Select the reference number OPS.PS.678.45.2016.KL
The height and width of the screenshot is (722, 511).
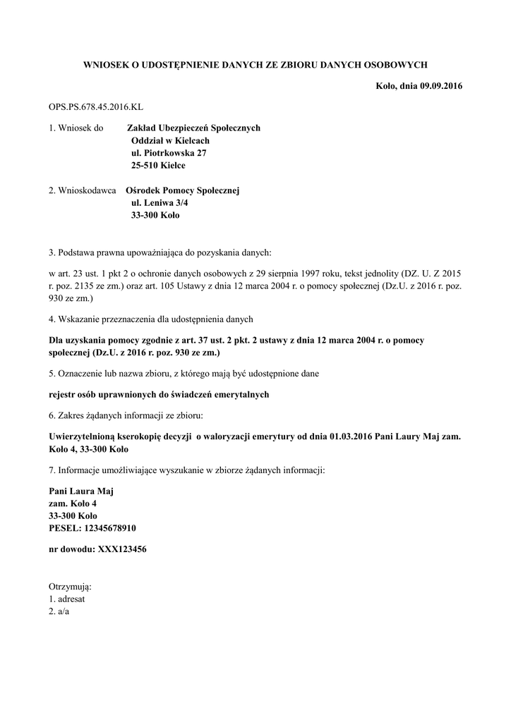pos(95,107)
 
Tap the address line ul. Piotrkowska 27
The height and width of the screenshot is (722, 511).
pos(169,153)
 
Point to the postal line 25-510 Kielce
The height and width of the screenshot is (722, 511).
pos(158,166)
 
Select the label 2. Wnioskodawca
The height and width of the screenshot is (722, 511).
pos(82,190)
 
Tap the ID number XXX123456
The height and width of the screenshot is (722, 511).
pos(116,549)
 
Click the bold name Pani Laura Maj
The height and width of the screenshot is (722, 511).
pos(80,491)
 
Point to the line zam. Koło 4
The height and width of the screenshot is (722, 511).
pos(72,503)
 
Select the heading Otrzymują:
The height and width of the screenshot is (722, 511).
pos(70,587)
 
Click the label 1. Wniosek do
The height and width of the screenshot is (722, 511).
pos(76,128)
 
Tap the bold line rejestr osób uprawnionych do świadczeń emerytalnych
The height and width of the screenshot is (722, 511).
pos(159,394)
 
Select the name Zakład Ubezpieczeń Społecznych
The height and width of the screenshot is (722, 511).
pos(193,128)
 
